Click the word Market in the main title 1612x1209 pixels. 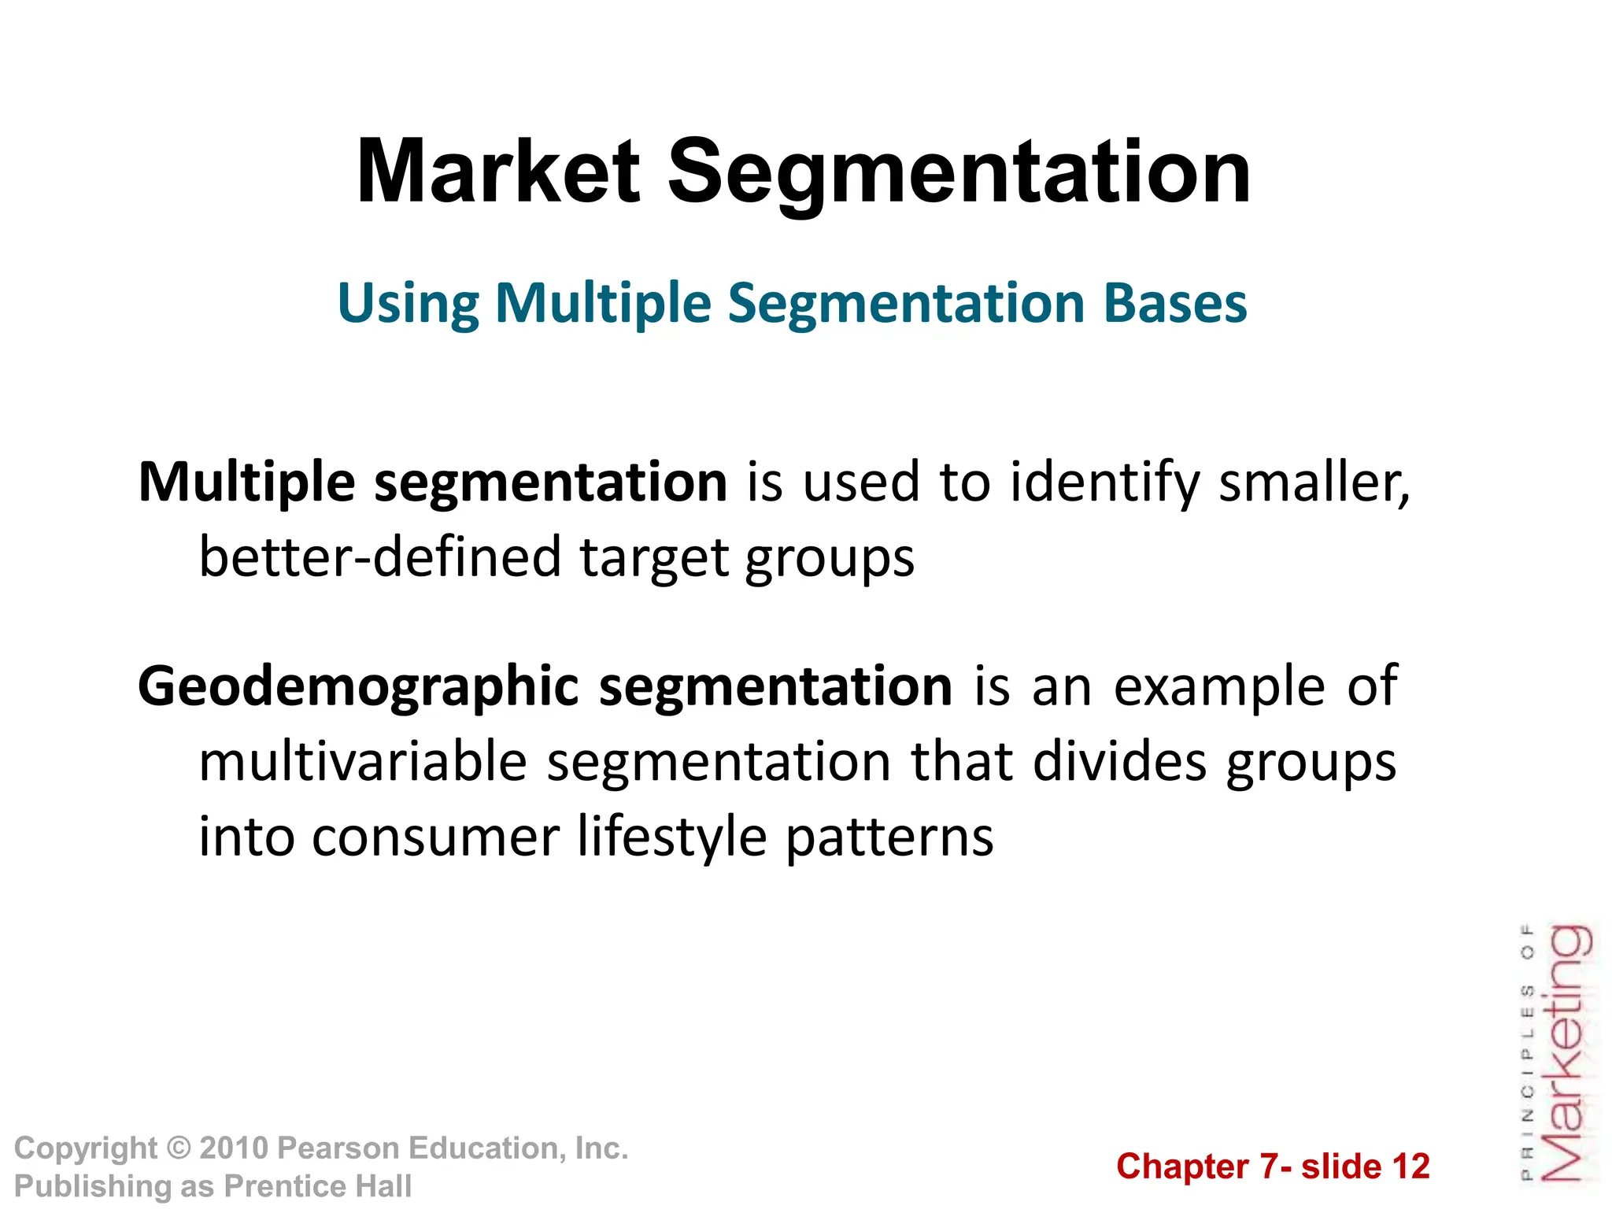[497, 172]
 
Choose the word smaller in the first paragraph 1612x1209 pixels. [1313, 482]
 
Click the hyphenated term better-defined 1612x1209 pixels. [380, 557]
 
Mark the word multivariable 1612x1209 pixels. [363, 762]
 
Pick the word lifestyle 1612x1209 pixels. [671, 837]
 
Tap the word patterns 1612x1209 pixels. [889, 837]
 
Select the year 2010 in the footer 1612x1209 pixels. [234, 1148]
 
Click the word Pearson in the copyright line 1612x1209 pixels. [337, 1148]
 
